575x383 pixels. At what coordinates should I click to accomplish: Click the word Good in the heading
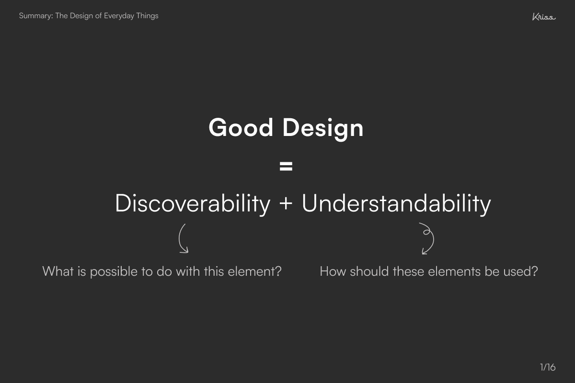coord(241,128)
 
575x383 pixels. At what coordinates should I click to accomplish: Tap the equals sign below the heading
coord(286,167)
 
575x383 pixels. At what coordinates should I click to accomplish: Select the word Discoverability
coord(193,203)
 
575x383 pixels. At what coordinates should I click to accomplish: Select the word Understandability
coord(396,203)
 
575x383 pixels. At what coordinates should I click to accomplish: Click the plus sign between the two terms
coord(286,204)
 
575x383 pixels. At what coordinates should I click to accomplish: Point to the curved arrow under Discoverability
coord(183,238)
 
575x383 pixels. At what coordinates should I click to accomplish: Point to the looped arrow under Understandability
coord(426,238)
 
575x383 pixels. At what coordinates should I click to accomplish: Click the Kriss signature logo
coord(543,17)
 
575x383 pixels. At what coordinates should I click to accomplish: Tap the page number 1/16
coord(547,367)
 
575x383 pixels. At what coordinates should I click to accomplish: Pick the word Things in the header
coord(147,16)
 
